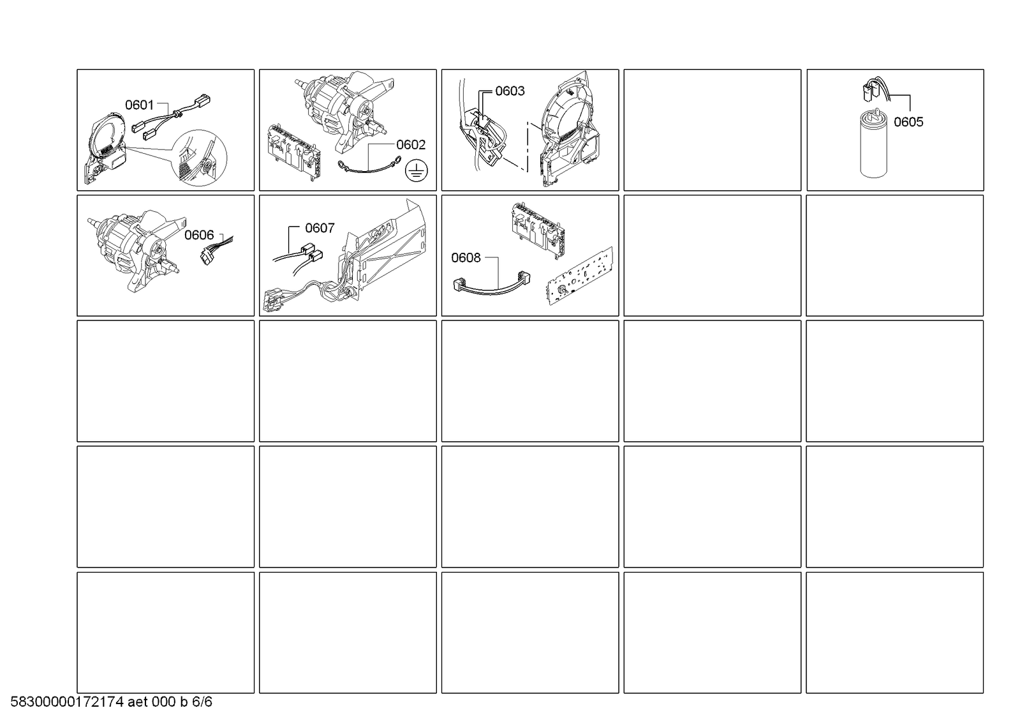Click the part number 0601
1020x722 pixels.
[139, 105]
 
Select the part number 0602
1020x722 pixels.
[411, 145]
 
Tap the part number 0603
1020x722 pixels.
[510, 91]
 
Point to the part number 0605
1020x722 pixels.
[908, 122]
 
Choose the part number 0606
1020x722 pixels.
[199, 235]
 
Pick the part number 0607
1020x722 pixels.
[320, 228]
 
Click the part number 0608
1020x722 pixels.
[466, 258]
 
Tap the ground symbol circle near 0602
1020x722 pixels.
[416, 170]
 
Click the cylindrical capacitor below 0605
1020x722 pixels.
[873, 143]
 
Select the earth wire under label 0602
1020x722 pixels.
[369, 170]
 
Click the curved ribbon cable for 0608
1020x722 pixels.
[492, 285]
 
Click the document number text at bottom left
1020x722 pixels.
[111, 702]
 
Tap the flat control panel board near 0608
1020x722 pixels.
[579, 275]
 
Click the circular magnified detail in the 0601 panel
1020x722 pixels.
[198, 157]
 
